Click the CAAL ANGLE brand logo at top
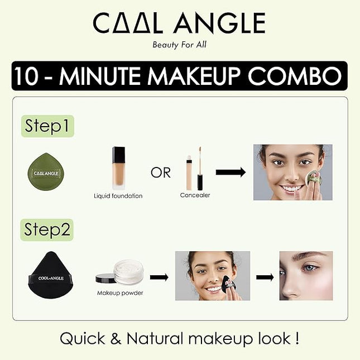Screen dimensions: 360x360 179,23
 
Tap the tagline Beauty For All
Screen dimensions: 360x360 179,45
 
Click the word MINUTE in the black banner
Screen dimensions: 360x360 122,75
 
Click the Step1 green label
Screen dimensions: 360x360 48,126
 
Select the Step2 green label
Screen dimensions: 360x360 48,229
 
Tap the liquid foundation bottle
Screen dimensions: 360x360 118,167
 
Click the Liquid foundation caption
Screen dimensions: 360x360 118,196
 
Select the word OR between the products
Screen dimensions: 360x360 160,172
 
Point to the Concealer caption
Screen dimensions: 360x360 195,195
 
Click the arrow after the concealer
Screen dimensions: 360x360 231,172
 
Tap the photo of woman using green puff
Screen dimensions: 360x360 292,172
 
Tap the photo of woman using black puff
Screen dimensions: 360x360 212,276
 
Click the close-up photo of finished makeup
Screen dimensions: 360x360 305,276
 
